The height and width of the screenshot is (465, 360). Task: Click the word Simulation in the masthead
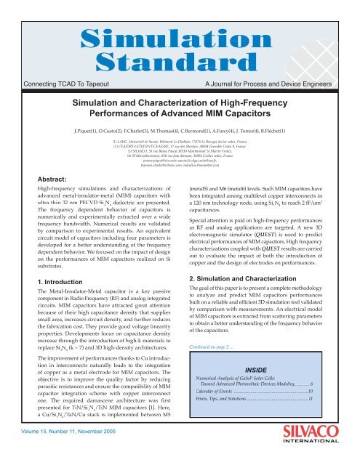pyautogui.click(x=180, y=20)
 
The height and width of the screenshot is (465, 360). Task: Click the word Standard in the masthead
pyautogui.click(x=180, y=42)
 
